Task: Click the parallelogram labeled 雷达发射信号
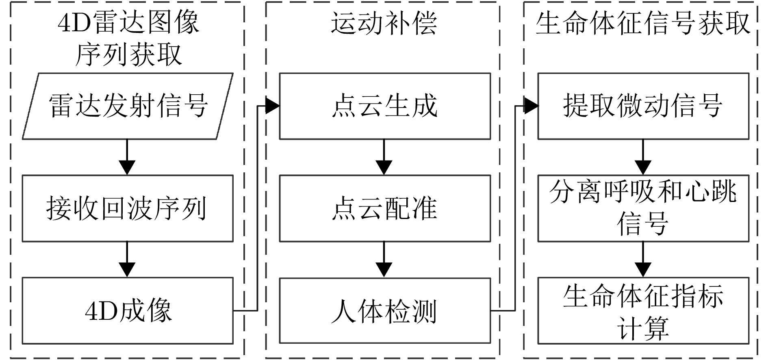coord(127,106)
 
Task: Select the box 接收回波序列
coord(127,208)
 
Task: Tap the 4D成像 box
coord(127,311)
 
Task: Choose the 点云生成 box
coord(384,106)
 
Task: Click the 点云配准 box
coord(384,208)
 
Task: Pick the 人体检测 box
coord(384,311)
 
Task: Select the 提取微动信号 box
coord(643,106)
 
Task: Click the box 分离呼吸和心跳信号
coord(643,208)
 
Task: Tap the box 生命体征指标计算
coord(643,311)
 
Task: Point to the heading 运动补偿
coord(384,23)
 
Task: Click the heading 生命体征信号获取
coord(642,23)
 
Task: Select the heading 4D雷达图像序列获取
coord(128,38)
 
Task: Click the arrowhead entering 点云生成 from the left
coord(272,106)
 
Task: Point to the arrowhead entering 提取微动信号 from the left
coord(531,106)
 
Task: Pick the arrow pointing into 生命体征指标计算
coord(643,260)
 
